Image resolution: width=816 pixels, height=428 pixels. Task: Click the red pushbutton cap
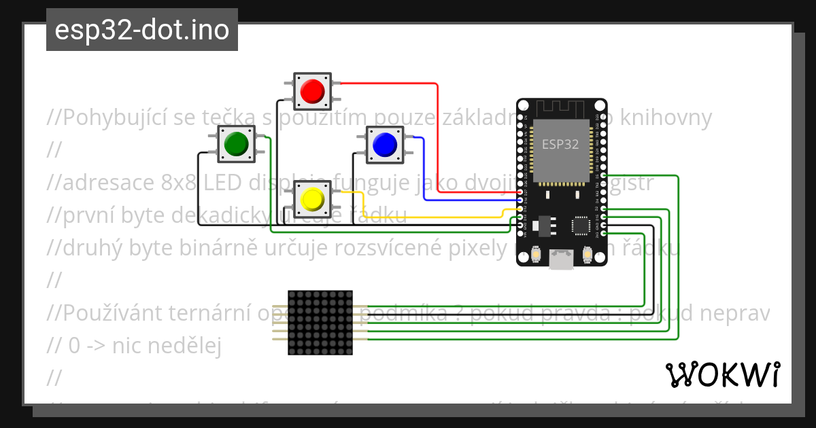[312, 90]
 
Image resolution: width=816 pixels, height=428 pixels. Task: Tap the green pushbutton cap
[235, 143]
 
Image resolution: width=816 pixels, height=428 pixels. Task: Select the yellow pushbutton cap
[312, 198]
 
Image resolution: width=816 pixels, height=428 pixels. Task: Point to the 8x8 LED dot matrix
[320, 323]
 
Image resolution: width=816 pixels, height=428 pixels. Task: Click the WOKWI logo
[722, 374]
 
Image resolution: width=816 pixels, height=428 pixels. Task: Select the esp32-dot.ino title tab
[141, 30]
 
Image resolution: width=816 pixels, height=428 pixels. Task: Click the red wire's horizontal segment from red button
[388, 84]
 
